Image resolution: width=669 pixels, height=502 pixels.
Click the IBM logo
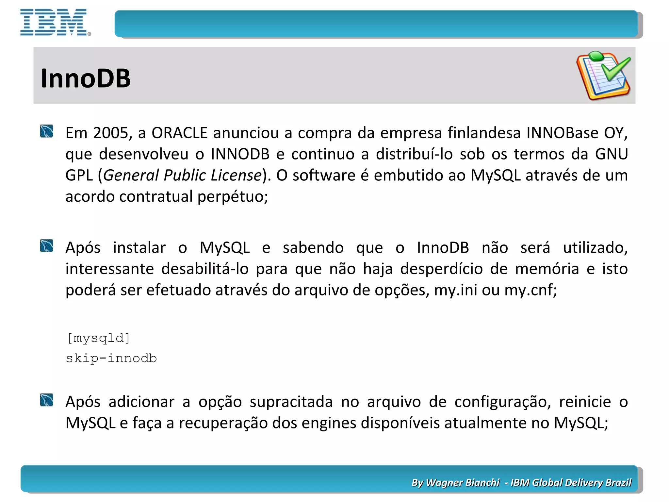click(x=55, y=22)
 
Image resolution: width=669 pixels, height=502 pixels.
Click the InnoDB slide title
click(x=86, y=78)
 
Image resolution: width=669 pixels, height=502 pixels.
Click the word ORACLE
click(x=179, y=133)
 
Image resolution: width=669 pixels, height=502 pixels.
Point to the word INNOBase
click(x=562, y=133)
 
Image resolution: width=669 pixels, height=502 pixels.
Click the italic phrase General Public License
click(x=183, y=176)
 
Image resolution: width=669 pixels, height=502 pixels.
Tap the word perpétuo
click(x=233, y=197)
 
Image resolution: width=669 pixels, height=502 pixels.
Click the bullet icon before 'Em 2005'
click(x=47, y=131)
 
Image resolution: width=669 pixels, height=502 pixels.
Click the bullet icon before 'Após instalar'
click(x=47, y=246)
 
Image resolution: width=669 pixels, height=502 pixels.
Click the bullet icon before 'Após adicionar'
click(x=47, y=400)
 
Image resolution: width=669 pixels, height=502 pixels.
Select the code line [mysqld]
click(x=98, y=338)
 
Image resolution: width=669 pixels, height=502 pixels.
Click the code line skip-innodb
click(x=111, y=359)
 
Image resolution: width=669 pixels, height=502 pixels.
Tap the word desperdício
click(x=441, y=269)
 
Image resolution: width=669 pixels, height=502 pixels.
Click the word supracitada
click(x=291, y=402)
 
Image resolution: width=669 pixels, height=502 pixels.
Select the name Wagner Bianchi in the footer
click(x=463, y=482)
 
